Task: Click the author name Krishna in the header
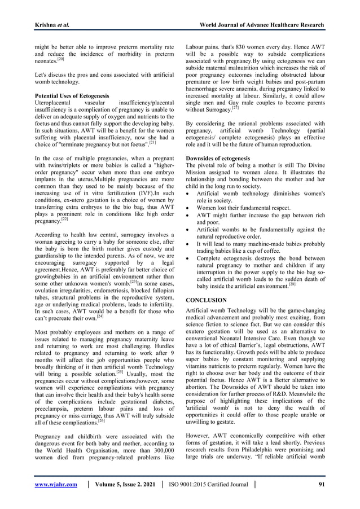pos(49,25)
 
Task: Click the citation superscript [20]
pos(62,59)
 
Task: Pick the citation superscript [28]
pos(292,285)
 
